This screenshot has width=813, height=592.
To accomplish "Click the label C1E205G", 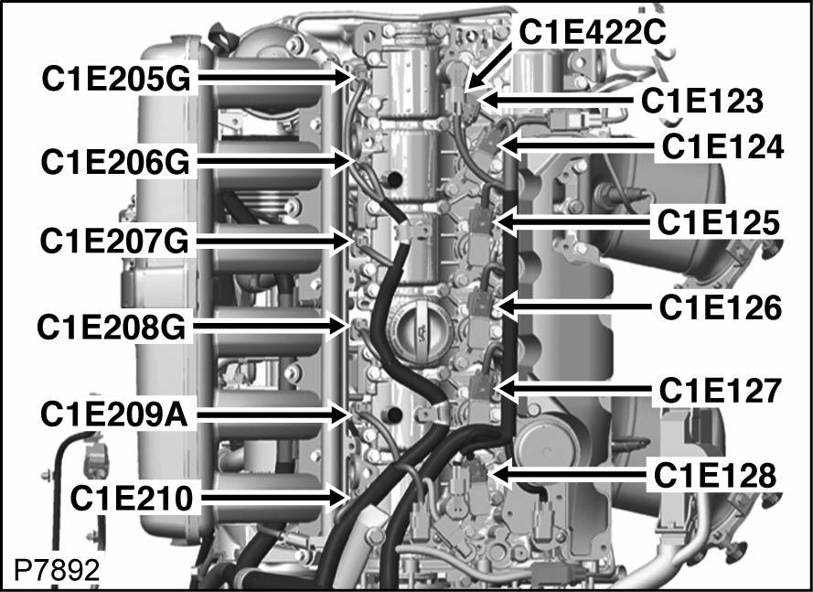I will pos(114,79).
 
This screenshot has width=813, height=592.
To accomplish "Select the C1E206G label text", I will pos(114,161).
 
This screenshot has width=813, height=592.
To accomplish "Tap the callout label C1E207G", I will pos(114,242).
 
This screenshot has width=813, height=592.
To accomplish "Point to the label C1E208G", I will pos(112,324).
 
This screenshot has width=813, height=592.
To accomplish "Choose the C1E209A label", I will pos(114,414).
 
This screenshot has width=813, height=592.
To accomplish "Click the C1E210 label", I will pos(132,498).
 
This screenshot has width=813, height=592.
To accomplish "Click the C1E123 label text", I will pos(701,100).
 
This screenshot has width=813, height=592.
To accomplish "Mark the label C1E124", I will pos(722,145).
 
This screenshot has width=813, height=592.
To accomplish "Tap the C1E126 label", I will pos(721,307).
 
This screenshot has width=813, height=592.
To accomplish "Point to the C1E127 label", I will pos(720,391).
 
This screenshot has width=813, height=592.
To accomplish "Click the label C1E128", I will pos(714,475).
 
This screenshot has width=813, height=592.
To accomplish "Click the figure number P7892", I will pos(56,570).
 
